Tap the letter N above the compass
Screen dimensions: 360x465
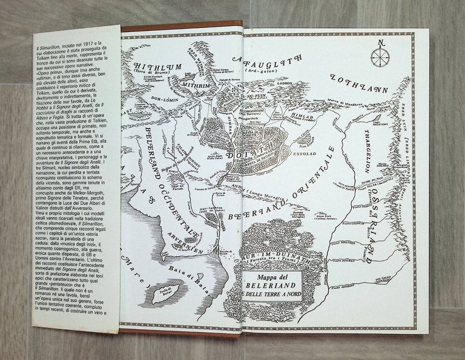pyautogui.click(x=380, y=43)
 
